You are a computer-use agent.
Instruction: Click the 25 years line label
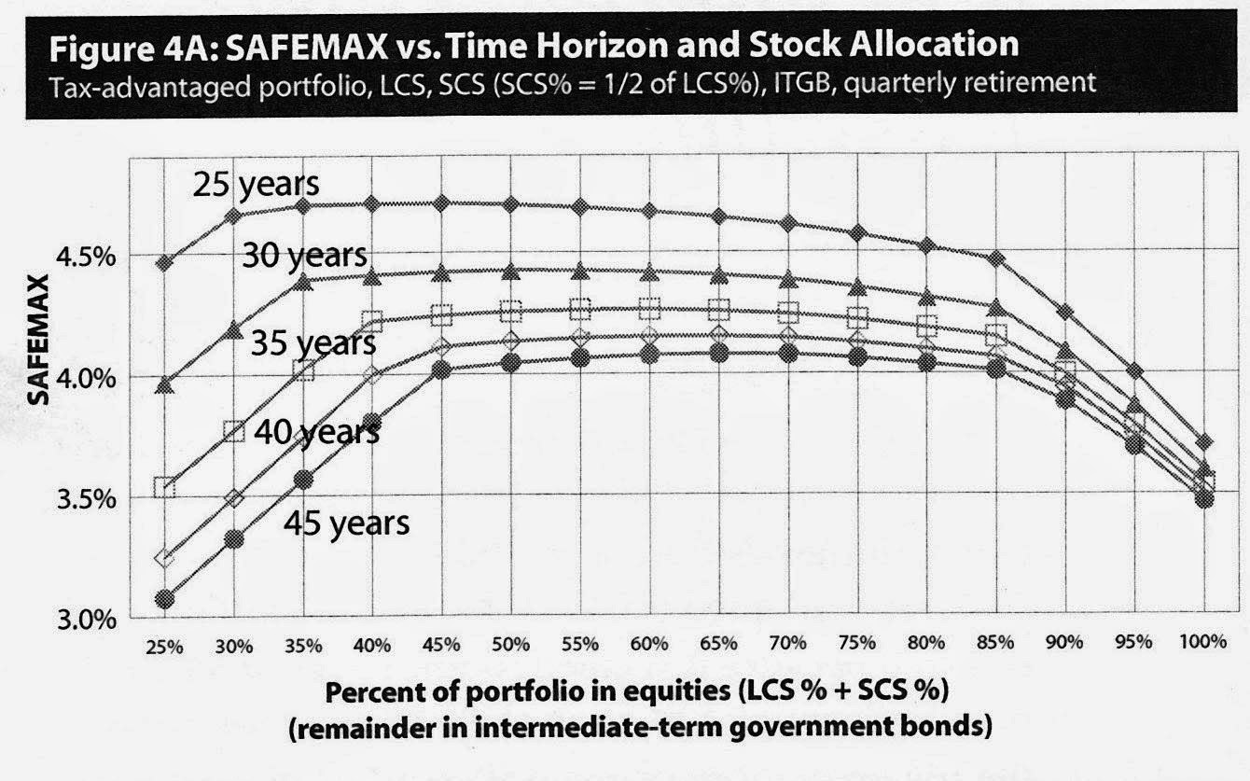(x=256, y=184)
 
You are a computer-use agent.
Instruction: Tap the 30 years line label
(x=305, y=256)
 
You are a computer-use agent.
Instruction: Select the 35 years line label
(x=313, y=342)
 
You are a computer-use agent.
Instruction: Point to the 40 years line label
(x=317, y=432)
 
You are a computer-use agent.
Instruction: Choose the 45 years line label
(x=346, y=523)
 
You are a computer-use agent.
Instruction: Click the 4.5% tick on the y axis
(x=87, y=258)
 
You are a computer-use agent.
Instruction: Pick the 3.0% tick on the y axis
(x=87, y=620)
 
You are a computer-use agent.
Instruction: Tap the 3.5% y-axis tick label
(x=87, y=499)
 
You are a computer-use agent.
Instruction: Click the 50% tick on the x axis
(x=510, y=645)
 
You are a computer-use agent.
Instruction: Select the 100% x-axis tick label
(x=1202, y=641)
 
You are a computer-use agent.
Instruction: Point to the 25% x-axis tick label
(x=164, y=648)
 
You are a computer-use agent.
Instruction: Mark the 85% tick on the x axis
(x=995, y=643)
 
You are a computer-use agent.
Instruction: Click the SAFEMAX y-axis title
(x=38, y=340)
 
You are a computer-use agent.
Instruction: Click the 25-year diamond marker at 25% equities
(x=164, y=263)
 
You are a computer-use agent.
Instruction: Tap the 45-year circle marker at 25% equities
(x=164, y=600)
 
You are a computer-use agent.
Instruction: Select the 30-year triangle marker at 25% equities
(x=164, y=384)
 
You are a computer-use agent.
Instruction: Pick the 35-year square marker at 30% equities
(x=234, y=431)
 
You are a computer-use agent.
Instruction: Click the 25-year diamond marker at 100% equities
(x=1203, y=442)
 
